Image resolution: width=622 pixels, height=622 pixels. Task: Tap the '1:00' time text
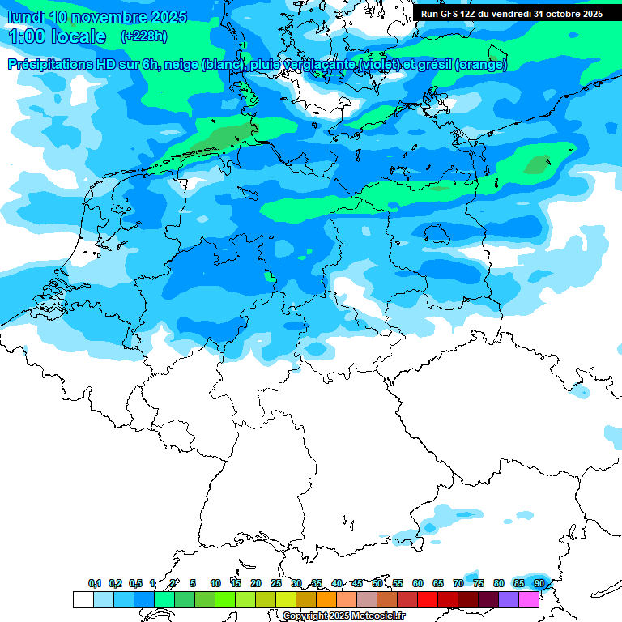(x=27, y=36)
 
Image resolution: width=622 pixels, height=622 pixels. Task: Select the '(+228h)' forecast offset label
(x=144, y=36)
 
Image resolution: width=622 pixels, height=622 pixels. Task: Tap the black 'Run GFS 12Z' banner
(x=512, y=14)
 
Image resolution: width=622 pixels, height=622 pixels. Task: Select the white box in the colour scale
(x=83, y=599)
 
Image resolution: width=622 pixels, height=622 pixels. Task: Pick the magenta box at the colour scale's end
(x=529, y=599)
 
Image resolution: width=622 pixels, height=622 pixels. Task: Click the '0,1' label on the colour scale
(x=95, y=583)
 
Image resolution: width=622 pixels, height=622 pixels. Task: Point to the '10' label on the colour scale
(x=215, y=583)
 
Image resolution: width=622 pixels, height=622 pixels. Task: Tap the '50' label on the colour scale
(x=377, y=583)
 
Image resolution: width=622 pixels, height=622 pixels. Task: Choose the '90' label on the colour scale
(x=539, y=583)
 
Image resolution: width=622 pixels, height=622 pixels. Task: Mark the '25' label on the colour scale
(x=276, y=583)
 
